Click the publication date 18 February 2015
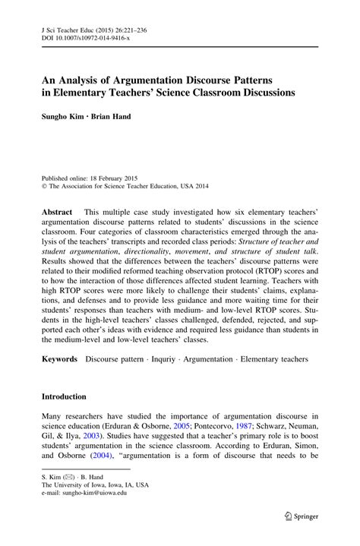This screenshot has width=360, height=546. tap(120, 153)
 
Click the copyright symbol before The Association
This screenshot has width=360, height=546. tap(45, 162)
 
